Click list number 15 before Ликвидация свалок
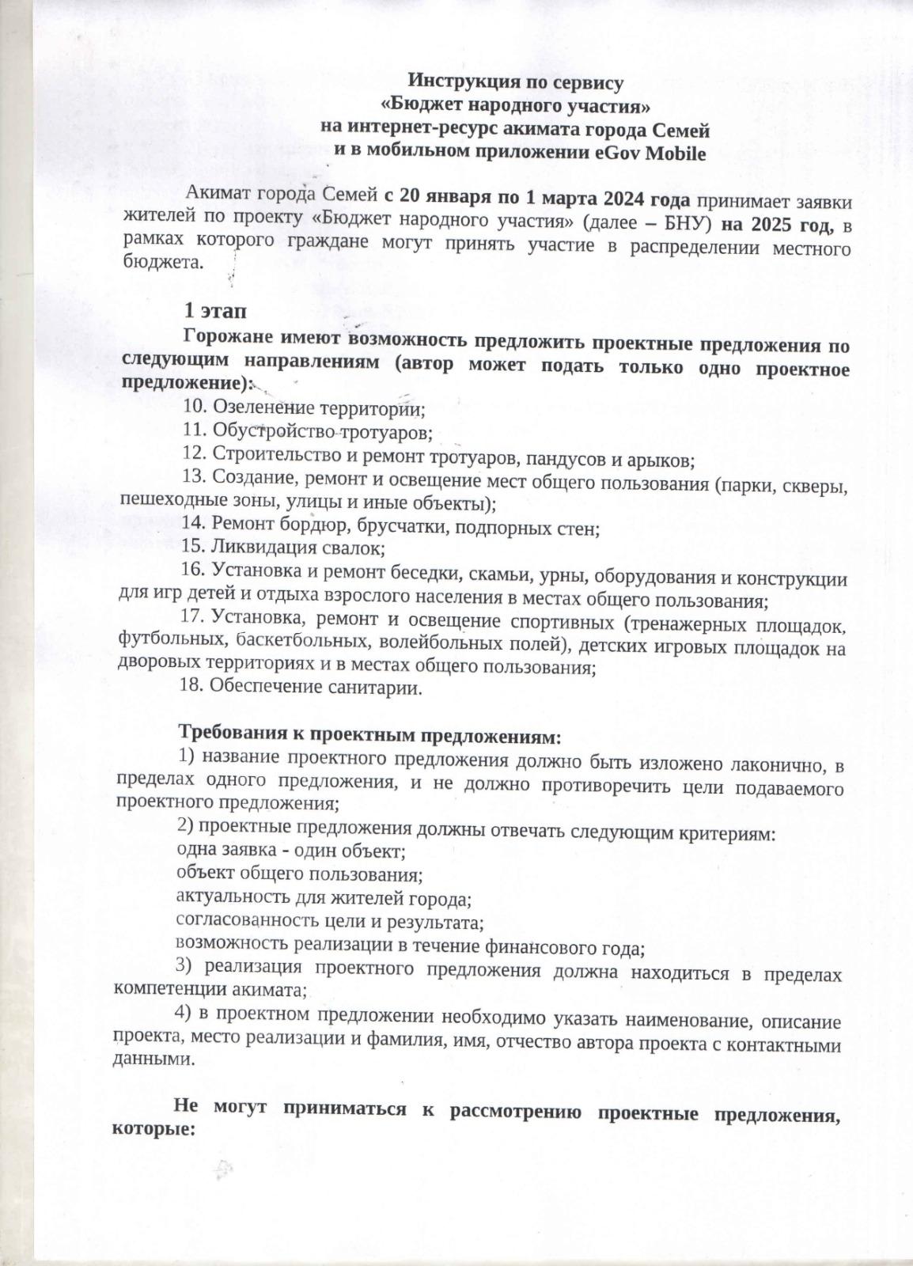194,546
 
